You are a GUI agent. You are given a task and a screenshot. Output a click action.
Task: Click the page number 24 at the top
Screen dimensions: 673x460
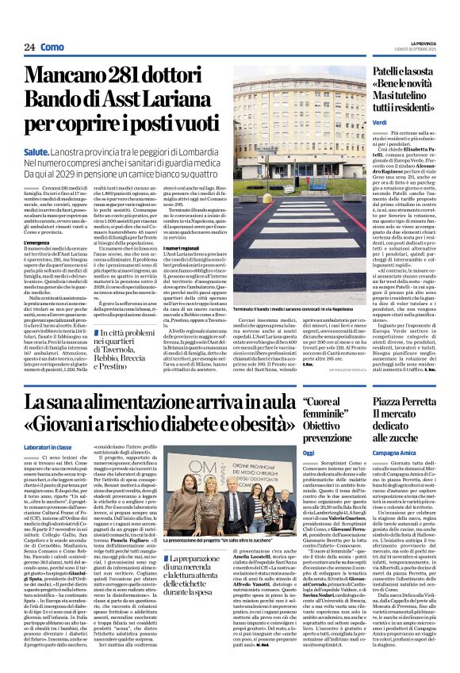tap(29, 47)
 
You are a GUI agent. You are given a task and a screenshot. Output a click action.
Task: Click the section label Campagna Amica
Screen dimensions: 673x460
tap(394, 450)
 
